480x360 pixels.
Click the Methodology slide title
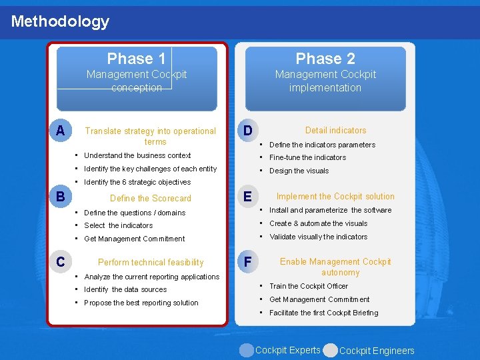60,21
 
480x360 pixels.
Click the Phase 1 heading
136,59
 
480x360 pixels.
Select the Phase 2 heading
325,59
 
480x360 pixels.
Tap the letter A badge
61,131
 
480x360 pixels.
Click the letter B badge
61,197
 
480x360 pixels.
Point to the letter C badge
61,262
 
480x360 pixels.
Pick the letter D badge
247,131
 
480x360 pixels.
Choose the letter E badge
247,197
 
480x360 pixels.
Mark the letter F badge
247,262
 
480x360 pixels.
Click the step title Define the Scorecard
150,198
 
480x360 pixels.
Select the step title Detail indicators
335,131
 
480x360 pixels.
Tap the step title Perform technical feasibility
151,262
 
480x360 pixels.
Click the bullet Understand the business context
137,155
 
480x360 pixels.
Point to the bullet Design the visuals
299,171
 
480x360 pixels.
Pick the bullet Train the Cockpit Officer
309,286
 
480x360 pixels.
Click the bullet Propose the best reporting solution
141,303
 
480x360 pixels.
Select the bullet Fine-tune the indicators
307,157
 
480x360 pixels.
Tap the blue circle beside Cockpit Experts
247,350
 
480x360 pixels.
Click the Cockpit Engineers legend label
377,351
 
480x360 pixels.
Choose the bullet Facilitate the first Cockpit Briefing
323,313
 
